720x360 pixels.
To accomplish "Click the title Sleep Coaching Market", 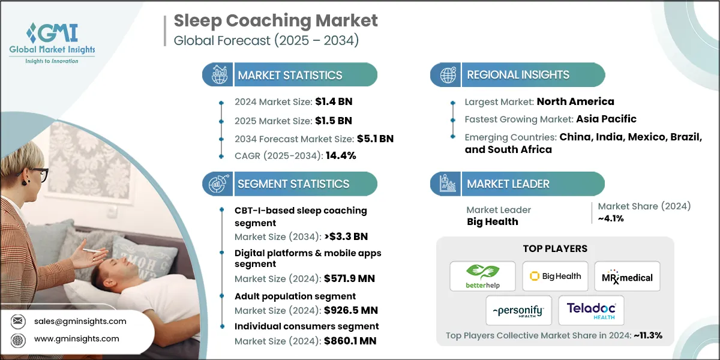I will [x=276, y=20].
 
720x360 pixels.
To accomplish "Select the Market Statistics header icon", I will [x=218, y=75].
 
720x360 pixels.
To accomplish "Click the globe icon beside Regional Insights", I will [x=447, y=75].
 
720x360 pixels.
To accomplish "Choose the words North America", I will [x=575, y=101].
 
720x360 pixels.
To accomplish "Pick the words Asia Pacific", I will [x=606, y=119].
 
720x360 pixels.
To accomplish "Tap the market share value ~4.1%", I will [x=611, y=218].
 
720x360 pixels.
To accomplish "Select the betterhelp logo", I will [x=483, y=277].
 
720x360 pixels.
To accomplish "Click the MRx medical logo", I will [x=627, y=277].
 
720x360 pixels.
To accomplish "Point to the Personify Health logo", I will [x=519, y=311].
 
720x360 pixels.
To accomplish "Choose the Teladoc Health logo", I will [x=591, y=311].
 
